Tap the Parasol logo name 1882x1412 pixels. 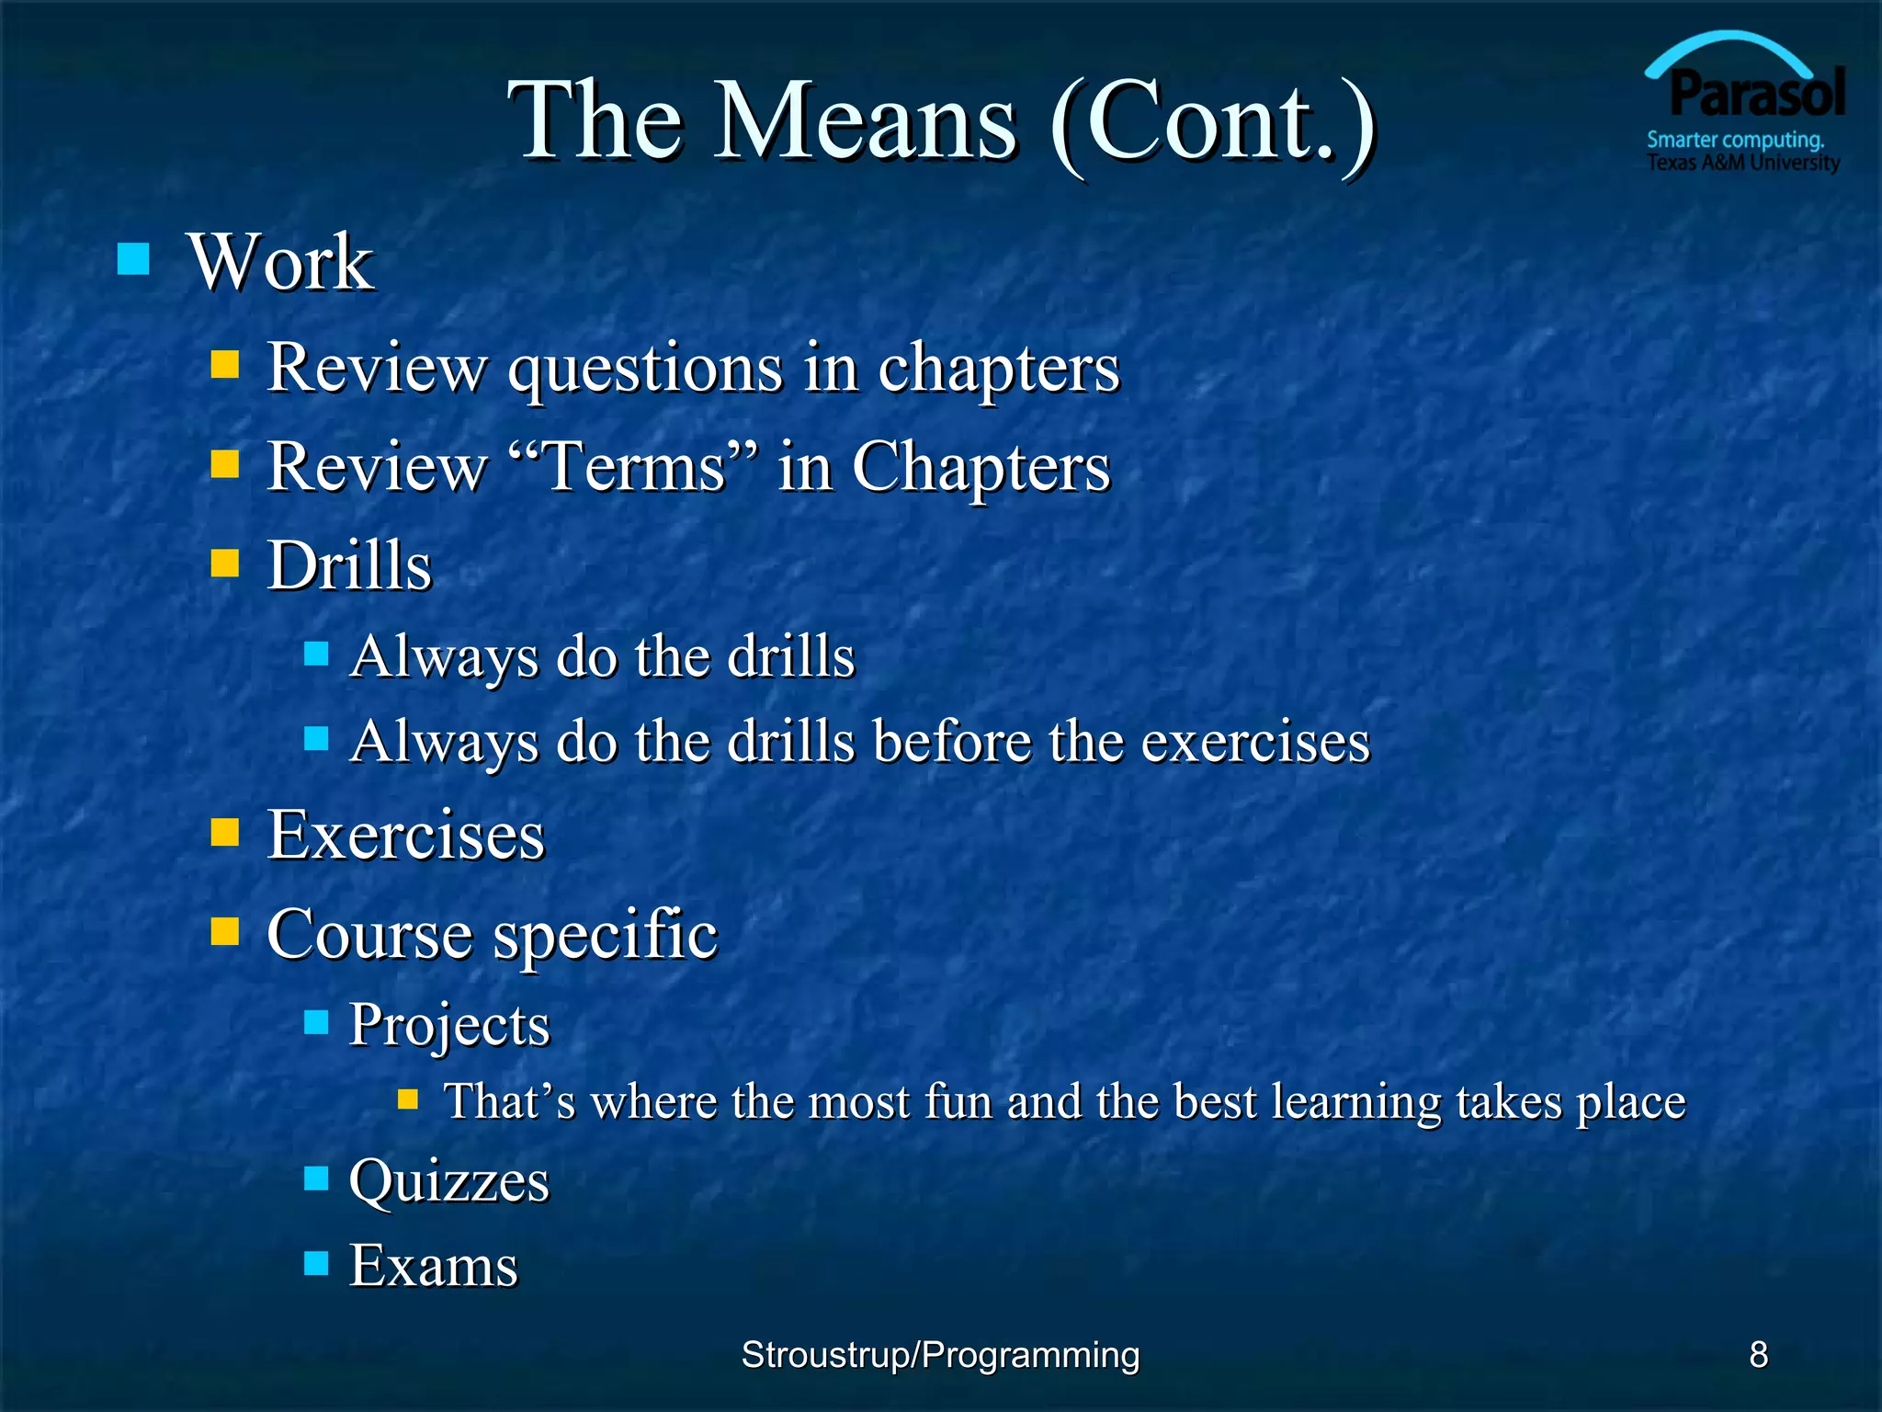[x=1757, y=94]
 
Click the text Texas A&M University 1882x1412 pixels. [x=1742, y=163]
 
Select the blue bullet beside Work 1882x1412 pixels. [x=133, y=259]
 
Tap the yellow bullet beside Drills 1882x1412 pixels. [x=224, y=562]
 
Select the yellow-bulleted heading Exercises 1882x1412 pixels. [x=405, y=835]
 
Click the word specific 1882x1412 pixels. [x=605, y=934]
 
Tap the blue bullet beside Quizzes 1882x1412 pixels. [x=316, y=1178]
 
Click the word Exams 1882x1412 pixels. [x=434, y=1265]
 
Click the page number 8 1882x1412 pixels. [x=1758, y=1354]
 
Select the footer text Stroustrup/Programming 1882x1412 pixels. [x=940, y=1354]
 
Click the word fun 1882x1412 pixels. [x=958, y=1101]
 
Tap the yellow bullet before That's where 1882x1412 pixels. [x=408, y=1099]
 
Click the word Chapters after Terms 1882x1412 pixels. [x=981, y=466]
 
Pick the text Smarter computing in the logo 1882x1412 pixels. [x=1733, y=140]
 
